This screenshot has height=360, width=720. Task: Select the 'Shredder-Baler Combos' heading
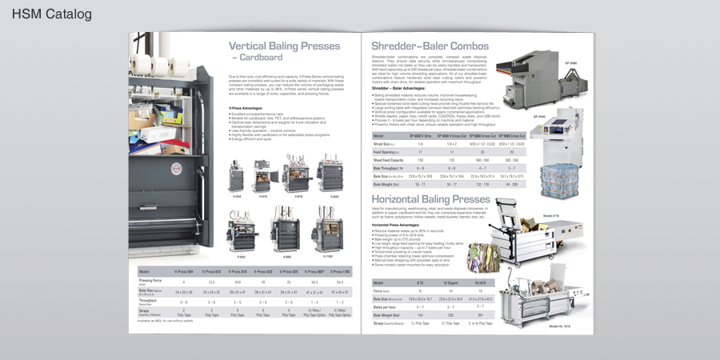pyautogui.click(x=430, y=46)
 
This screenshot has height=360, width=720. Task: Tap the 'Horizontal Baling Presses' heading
pyautogui.click(x=430, y=198)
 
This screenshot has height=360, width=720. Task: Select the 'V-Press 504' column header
pyautogui.click(x=184, y=272)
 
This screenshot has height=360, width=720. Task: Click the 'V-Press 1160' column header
pyautogui.click(x=340, y=272)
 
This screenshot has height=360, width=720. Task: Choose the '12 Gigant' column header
pyautogui.click(x=448, y=282)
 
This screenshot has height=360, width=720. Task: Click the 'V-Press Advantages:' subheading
pyautogui.click(x=247, y=107)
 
